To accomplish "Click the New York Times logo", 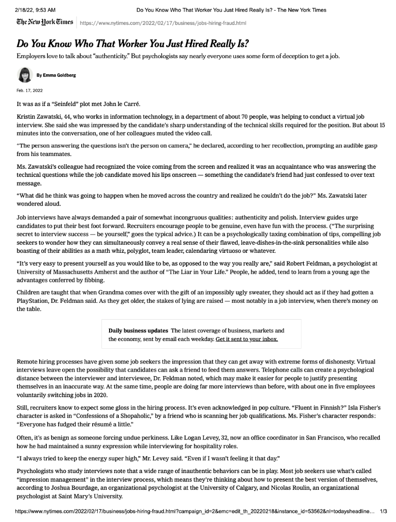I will [x=44, y=23].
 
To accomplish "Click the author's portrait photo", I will [x=24, y=74].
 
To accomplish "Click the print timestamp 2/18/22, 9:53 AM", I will [x=35, y=9].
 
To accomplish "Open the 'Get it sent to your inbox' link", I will [x=247, y=338].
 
